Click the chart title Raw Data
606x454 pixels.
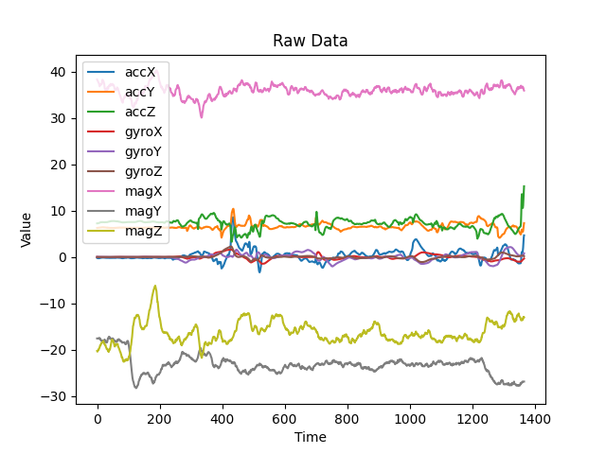311,41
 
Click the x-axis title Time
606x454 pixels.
311,437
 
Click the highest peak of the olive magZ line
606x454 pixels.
155,286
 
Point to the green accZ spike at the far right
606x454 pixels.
524,187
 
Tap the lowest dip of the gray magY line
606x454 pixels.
135,388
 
